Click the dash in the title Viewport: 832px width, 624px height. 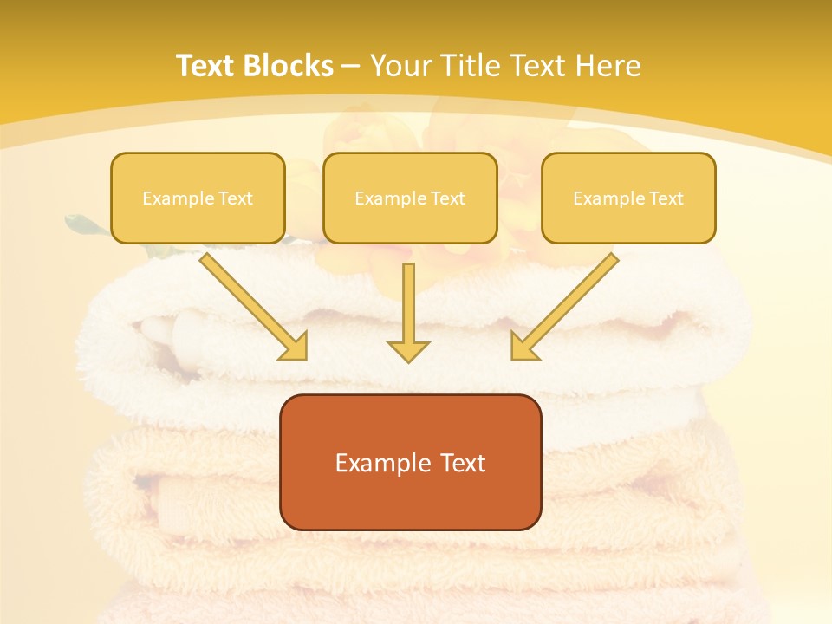pos(351,66)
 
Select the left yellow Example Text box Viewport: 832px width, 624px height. pos(198,198)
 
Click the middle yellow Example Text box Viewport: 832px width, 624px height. pos(410,198)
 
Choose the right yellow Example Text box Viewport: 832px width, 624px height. pos(628,198)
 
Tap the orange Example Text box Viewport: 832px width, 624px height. pos(410,463)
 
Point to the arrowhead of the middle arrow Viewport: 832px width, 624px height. pos(408,351)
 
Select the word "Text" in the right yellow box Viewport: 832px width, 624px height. pos(666,198)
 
